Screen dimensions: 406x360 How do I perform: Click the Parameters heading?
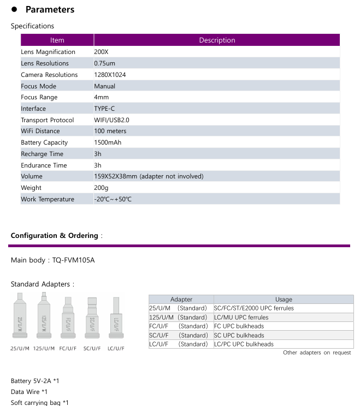[50, 9]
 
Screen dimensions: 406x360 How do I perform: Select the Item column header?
[57, 40]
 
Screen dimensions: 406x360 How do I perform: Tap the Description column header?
[217, 40]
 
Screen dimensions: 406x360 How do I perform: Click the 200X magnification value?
[102, 52]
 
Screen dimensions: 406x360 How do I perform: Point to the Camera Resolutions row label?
[49, 75]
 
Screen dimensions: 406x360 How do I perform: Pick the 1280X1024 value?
[110, 75]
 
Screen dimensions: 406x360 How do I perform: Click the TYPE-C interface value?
[104, 109]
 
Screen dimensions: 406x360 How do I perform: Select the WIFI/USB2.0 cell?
[111, 120]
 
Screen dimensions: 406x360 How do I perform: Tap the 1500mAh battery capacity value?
[108, 142]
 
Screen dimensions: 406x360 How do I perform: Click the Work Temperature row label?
[48, 199]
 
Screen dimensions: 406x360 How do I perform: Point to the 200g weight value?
[101, 188]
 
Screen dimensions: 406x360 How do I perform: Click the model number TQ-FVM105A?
[73, 260]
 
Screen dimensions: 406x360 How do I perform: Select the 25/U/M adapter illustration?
[20, 317]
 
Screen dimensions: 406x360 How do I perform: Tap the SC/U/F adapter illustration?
[92, 319]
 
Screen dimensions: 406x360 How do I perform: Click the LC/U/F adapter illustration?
[116, 319]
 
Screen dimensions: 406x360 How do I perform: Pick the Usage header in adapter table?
[284, 299]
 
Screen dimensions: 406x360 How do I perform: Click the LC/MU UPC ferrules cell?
[241, 317]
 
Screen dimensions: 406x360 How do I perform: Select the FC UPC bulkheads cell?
[239, 326]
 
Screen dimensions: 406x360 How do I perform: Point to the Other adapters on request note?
[317, 353]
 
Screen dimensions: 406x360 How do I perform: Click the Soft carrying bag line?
[39, 403]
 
